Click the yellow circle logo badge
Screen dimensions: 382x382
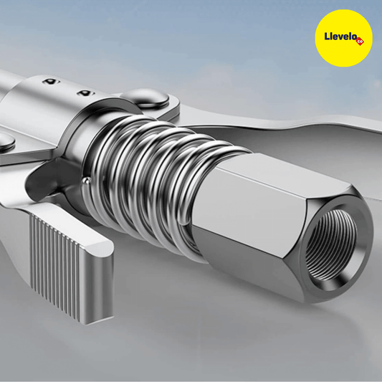tap(343, 38)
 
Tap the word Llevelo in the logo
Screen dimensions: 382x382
tap(341, 37)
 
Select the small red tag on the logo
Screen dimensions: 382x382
tap(360, 42)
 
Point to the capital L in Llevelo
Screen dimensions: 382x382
tap(327, 36)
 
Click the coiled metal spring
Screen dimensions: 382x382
tap(156, 181)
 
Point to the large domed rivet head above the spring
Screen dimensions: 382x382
tap(145, 97)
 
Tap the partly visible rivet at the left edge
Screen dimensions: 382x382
tap(6, 142)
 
